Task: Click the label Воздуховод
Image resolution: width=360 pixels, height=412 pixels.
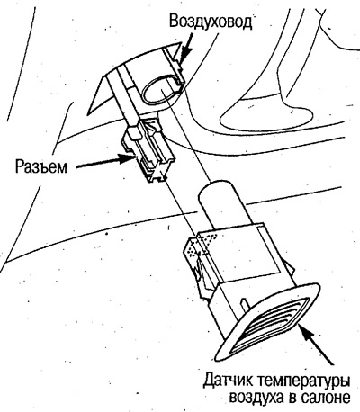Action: (210, 22)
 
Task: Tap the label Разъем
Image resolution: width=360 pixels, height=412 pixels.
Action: (41, 166)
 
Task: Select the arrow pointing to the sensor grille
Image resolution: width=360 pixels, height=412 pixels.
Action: (317, 345)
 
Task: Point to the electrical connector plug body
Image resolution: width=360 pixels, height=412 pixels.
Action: (147, 150)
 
